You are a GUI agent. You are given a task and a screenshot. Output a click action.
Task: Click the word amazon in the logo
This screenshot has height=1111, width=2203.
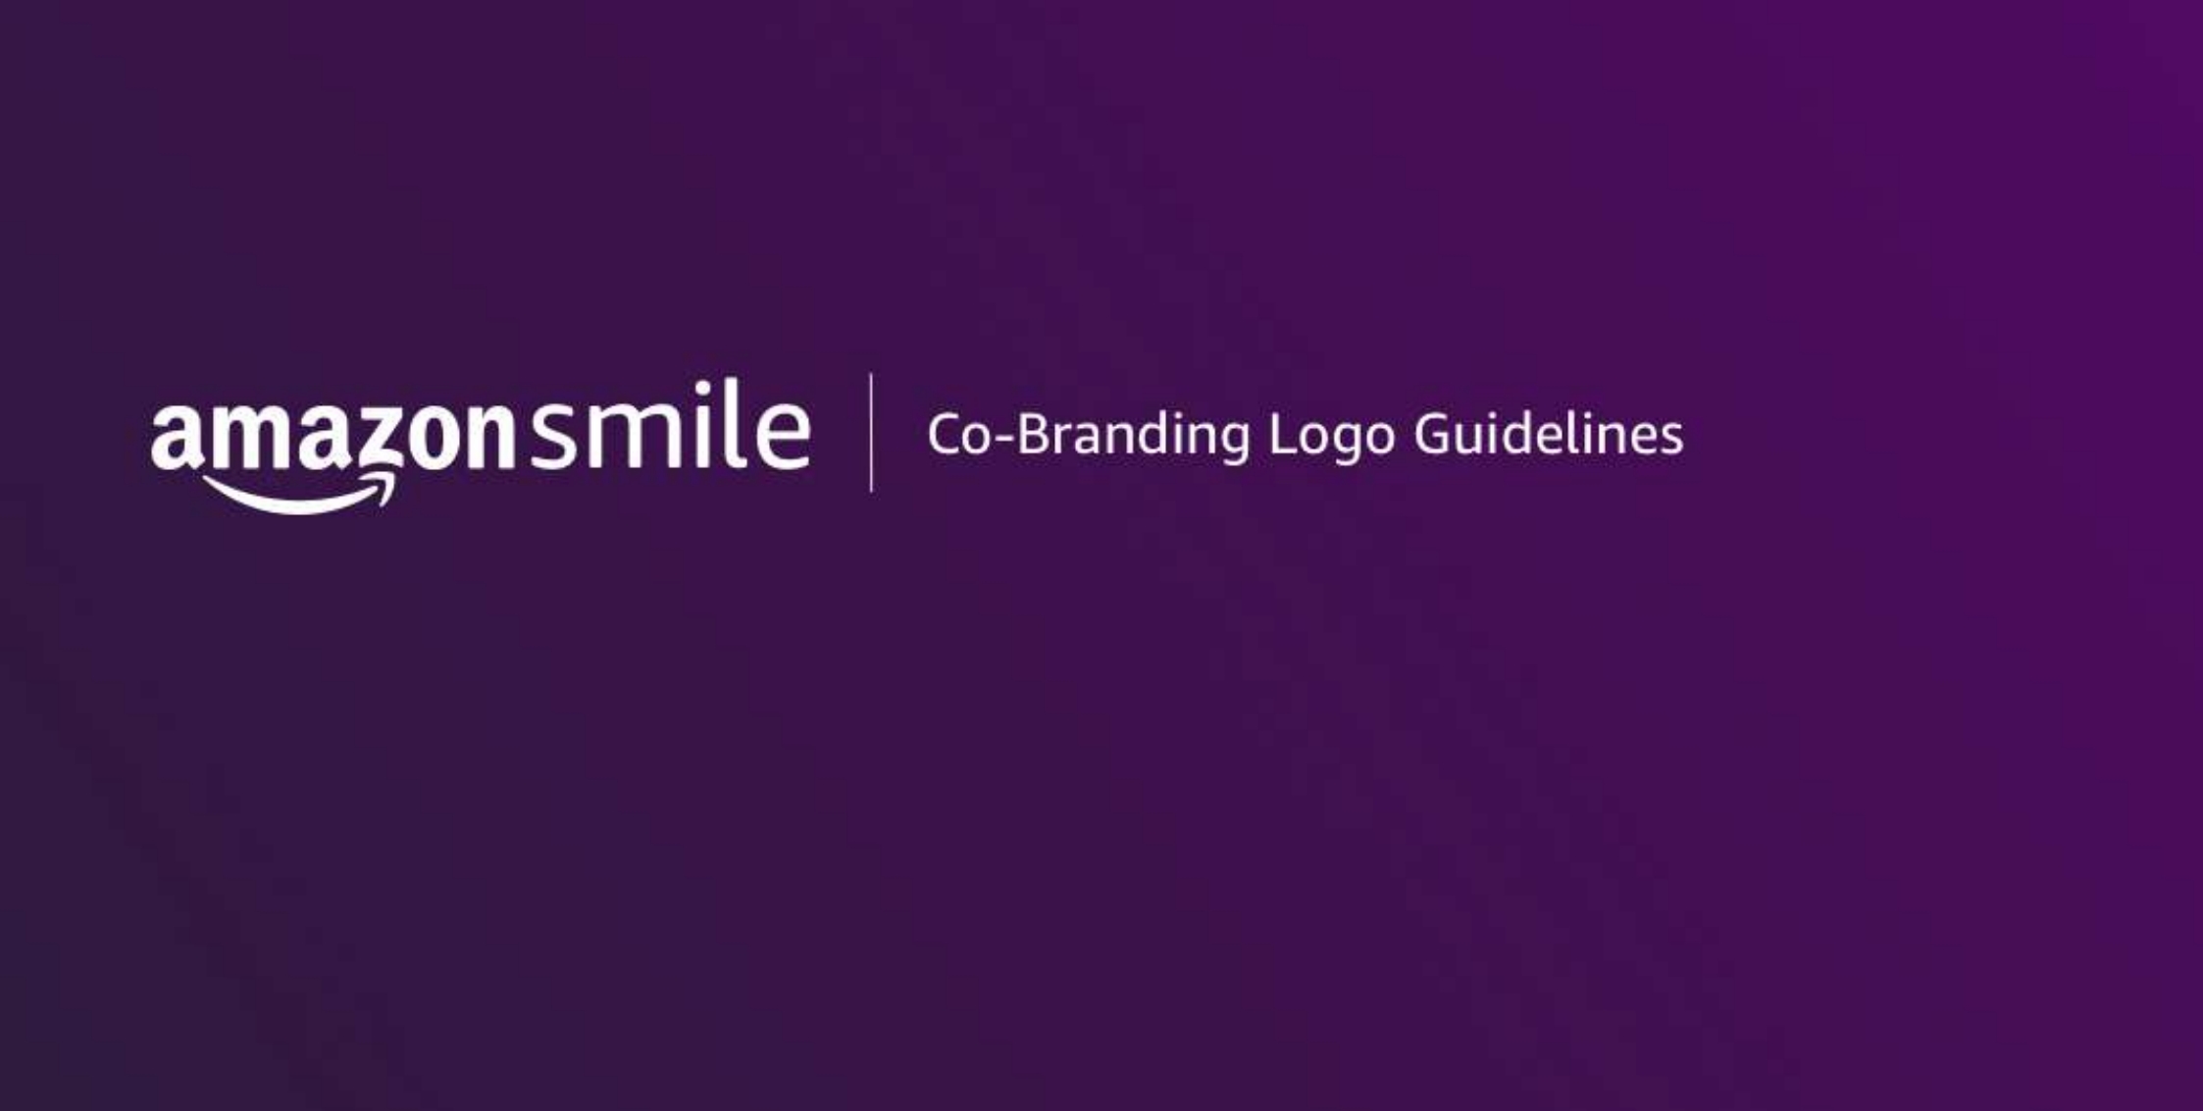tap(333, 437)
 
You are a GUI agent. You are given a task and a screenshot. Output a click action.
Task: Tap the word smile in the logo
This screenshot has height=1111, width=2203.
tap(671, 426)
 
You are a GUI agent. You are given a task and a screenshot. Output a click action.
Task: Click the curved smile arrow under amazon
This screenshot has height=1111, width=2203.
tap(299, 493)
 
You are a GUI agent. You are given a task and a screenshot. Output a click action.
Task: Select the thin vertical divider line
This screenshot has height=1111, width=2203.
tap(871, 432)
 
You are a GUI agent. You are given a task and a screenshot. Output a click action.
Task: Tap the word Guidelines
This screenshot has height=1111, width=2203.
tap(1549, 433)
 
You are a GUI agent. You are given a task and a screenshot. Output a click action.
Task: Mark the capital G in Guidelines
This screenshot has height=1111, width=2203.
tap(1433, 434)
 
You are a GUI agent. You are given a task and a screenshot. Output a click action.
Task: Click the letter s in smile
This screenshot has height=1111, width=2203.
tap(554, 437)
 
